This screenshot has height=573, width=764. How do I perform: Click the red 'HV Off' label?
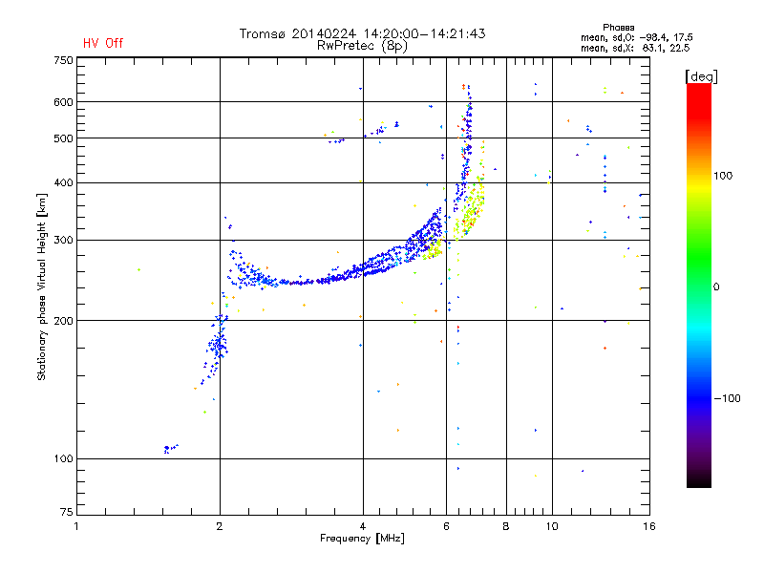[x=102, y=43]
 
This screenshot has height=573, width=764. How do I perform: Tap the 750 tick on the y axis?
[x=63, y=60]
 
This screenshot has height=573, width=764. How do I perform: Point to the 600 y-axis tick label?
[x=63, y=102]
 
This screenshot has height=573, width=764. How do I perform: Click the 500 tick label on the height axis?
[x=63, y=138]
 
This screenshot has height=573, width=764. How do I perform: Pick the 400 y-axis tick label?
[x=63, y=182]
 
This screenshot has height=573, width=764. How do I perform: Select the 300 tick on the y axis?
[x=63, y=240]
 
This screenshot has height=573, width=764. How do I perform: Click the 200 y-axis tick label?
[x=63, y=321]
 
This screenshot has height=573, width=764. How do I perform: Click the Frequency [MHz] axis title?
[x=362, y=540]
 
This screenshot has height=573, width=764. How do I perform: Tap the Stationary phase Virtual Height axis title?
[x=42, y=286]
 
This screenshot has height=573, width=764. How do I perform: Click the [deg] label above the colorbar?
[x=701, y=75]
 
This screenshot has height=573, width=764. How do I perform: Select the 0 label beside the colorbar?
[x=717, y=286]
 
